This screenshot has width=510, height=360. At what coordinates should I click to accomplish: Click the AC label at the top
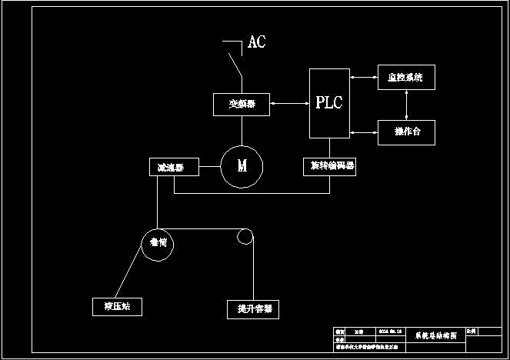click(256, 42)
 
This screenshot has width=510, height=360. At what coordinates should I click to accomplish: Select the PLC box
click(329, 103)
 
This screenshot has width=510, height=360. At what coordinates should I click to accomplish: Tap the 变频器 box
click(242, 104)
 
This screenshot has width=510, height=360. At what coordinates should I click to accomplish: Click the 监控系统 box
click(406, 78)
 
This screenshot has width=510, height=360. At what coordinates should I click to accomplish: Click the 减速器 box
click(172, 167)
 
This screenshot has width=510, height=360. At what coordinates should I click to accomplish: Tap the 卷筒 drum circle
click(158, 243)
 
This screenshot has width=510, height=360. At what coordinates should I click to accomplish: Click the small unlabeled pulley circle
click(245, 236)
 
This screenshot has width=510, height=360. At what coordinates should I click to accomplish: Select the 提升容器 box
click(252, 308)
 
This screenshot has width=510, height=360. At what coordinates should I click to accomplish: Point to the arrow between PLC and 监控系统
click(363, 78)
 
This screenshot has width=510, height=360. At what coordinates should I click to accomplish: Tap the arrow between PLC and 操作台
click(363, 132)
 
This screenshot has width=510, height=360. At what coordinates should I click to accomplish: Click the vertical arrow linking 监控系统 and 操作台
click(406, 104)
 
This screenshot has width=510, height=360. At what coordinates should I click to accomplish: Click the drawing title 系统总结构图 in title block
click(435, 336)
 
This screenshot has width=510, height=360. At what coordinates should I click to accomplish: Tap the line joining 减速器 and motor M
click(208, 167)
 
